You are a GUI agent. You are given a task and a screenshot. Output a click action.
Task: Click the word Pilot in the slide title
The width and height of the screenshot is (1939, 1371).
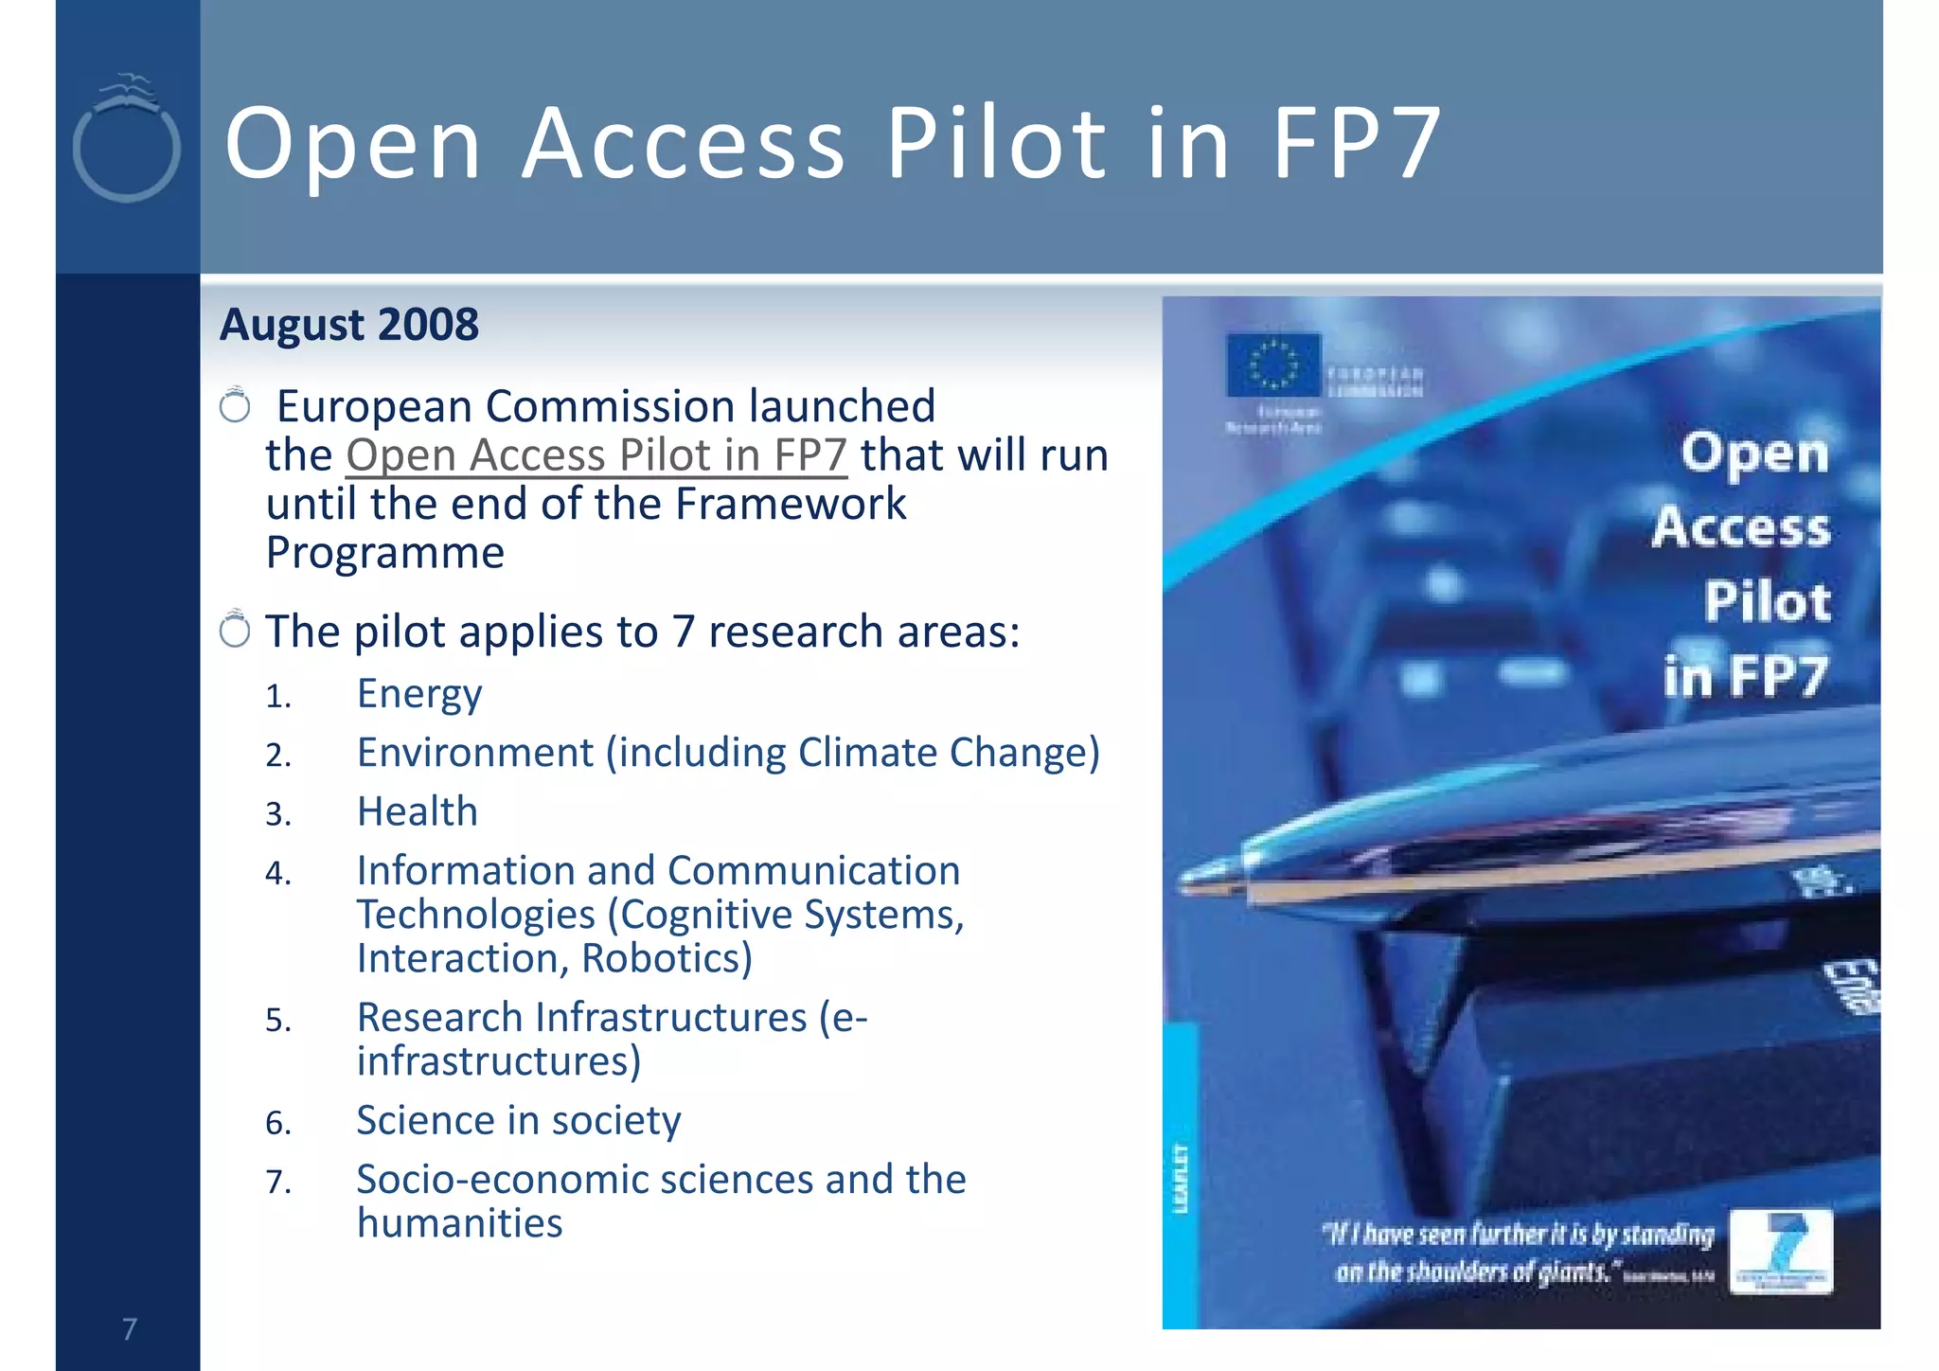[x=996, y=143]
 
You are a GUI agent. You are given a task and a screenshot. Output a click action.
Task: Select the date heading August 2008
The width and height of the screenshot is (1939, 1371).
[x=349, y=325]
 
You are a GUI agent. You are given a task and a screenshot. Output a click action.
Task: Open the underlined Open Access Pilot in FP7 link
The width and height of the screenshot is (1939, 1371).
[x=596, y=455]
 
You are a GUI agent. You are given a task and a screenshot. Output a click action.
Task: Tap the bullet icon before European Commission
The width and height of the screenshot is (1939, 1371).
[x=234, y=405]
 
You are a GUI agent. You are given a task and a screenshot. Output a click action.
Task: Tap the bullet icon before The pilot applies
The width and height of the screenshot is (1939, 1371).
[x=234, y=629]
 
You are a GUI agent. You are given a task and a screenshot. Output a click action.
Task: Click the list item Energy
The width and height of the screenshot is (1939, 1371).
[x=419, y=694]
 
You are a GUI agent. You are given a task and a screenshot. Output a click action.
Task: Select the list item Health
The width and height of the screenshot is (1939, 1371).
[x=418, y=812]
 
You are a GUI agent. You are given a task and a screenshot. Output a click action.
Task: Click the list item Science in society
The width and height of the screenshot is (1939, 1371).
[x=519, y=1121]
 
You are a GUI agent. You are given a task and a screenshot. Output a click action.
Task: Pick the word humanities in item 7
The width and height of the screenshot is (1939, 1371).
[x=460, y=1223]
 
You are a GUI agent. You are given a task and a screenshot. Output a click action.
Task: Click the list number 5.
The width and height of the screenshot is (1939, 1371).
[x=277, y=1021]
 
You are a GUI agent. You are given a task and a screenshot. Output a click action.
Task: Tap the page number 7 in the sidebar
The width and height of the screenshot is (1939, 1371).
[x=129, y=1329]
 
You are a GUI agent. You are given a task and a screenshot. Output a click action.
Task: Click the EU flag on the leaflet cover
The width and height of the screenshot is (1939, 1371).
[x=1272, y=365]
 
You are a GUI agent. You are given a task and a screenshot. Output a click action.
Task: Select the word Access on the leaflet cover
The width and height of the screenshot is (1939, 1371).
[x=1741, y=527]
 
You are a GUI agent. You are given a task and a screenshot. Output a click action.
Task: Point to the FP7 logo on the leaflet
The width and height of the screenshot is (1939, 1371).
[x=1781, y=1250]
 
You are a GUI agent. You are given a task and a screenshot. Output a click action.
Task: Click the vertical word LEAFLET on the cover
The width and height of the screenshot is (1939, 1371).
[x=1180, y=1178]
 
